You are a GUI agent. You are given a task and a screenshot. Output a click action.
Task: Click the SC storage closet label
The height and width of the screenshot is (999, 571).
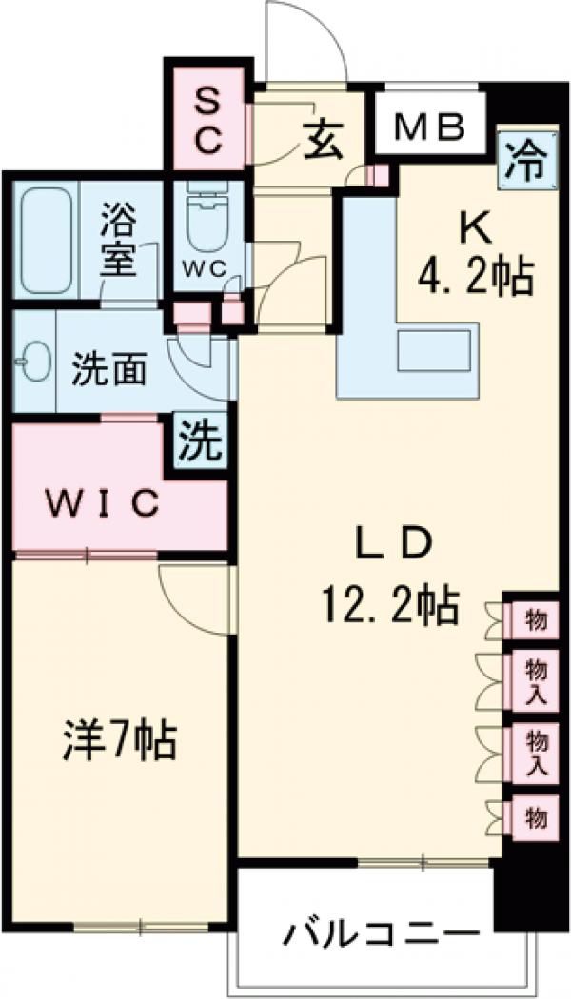tap(208, 120)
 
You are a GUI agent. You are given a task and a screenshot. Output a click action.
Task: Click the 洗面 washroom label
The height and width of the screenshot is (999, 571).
tap(110, 370)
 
